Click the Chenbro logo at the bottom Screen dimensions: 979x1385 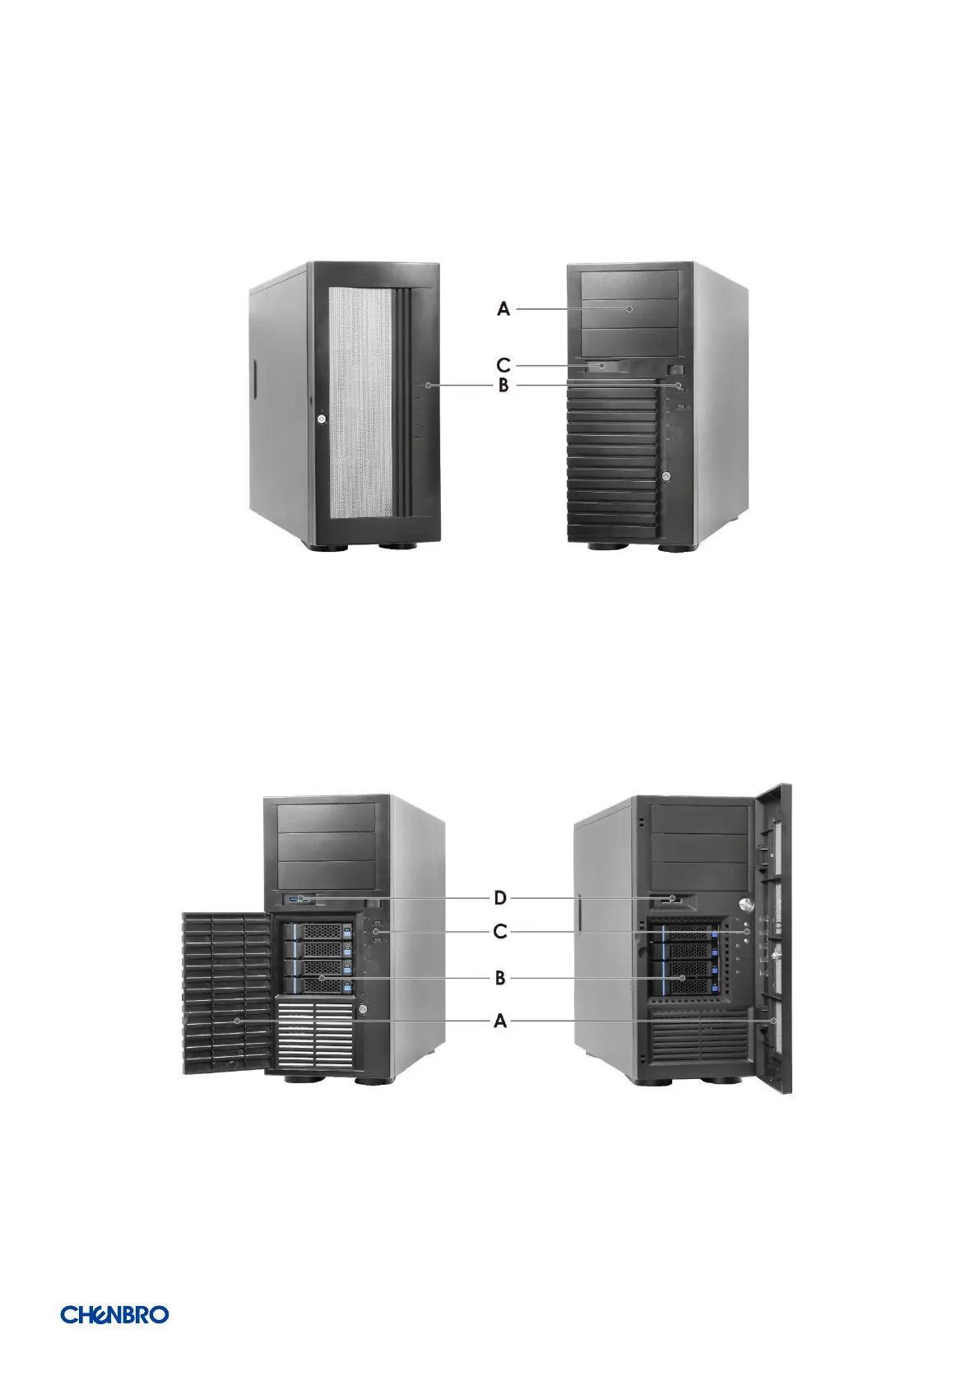[x=114, y=1314]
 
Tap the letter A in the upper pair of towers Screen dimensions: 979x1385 [x=503, y=309]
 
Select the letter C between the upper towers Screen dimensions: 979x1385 [x=503, y=364]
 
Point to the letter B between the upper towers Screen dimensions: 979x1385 [x=503, y=385]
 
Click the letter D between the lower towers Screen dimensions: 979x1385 [x=499, y=899]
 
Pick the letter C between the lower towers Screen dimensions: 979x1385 [x=499, y=932]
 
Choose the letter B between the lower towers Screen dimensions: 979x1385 [x=499, y=978]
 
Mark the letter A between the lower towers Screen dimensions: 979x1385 [x=499, y=1021]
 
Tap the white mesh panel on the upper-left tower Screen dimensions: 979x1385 [x=360, y=403]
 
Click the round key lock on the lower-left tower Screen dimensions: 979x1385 [x=362, y=1010]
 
